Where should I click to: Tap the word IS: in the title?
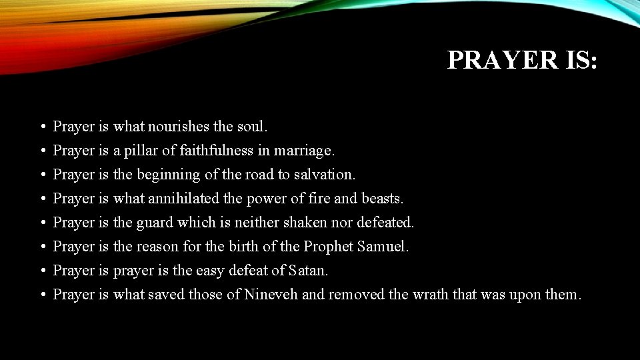click(x=577, y=60)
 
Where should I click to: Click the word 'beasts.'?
click(x=383, y=199)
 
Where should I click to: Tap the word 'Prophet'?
click(x=328, y=247)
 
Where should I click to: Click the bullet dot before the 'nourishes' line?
click(x=42, y=127)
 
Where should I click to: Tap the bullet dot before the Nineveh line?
click(x=42, y=295)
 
